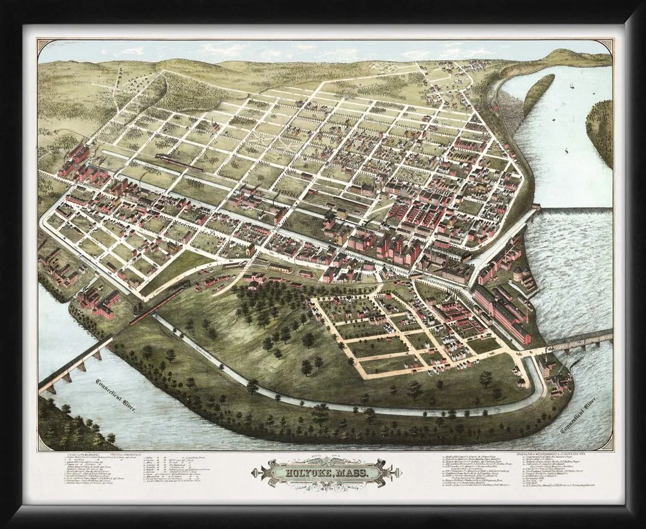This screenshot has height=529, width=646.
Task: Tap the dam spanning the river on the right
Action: (575, 211)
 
